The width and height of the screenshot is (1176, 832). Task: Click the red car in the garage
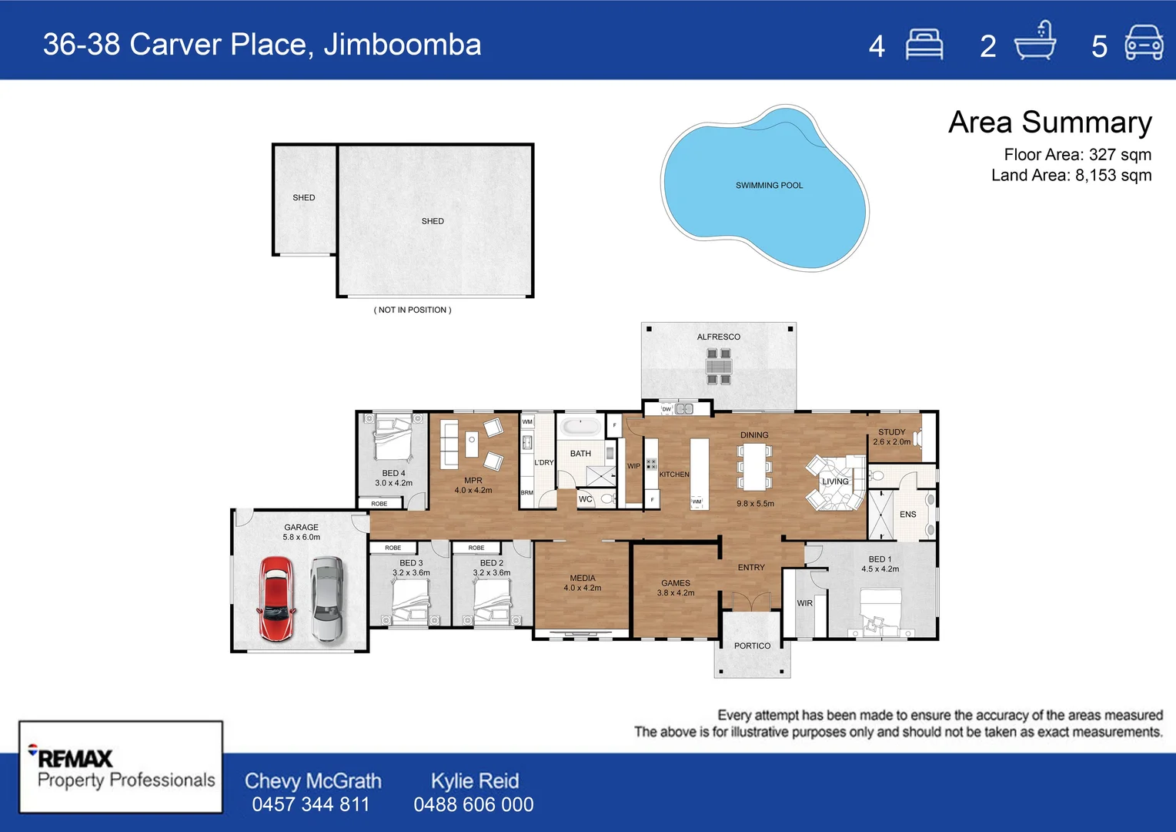[276, 599]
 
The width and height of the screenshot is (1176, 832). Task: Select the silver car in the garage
[327, 599]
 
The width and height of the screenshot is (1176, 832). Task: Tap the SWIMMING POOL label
[769, 186]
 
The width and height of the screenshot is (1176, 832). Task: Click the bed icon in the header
[924, 44]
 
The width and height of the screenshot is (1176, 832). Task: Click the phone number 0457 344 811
[311, 804]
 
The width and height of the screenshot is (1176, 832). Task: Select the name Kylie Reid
[474, 780]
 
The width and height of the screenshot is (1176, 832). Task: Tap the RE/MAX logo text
[75, 758]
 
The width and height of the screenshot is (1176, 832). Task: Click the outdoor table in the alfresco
[719, 366]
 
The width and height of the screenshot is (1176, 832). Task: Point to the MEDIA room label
[583, 578]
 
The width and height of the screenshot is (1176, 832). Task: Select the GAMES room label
[676, 583]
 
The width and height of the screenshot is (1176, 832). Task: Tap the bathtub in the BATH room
[580, 427]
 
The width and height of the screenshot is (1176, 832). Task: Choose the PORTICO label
[752, 646]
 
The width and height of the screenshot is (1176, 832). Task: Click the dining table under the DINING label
[754, 467]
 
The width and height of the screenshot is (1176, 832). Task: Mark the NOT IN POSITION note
[413, 310]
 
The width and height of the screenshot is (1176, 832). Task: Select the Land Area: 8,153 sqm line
[1071, 176]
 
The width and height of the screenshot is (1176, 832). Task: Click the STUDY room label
[891, 432]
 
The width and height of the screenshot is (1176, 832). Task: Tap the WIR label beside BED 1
[804, 603]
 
